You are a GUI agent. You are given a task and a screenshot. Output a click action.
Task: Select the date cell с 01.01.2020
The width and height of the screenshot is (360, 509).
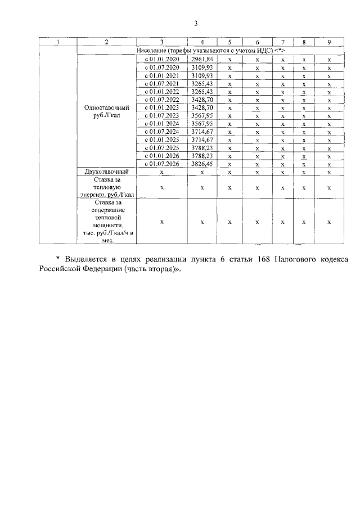tap(162, 59)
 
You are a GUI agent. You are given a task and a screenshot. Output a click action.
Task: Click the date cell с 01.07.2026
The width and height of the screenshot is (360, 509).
tap(162, 164)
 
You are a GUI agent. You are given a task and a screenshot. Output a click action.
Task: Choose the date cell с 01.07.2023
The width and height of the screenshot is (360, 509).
tap(162, 115)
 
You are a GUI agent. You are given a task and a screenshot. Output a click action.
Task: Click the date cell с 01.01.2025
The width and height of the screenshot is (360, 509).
tap(162, 139)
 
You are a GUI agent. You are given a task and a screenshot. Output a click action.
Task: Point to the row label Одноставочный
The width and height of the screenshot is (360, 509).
tap(107, 107)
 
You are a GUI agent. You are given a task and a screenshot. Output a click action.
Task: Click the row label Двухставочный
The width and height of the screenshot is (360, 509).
tap(107, 172)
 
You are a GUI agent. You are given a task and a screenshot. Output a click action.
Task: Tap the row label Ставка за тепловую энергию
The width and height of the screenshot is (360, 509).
tap(107, 187)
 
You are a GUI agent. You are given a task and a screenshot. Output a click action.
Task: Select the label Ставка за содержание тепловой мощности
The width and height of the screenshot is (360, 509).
tap(107, 221)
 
